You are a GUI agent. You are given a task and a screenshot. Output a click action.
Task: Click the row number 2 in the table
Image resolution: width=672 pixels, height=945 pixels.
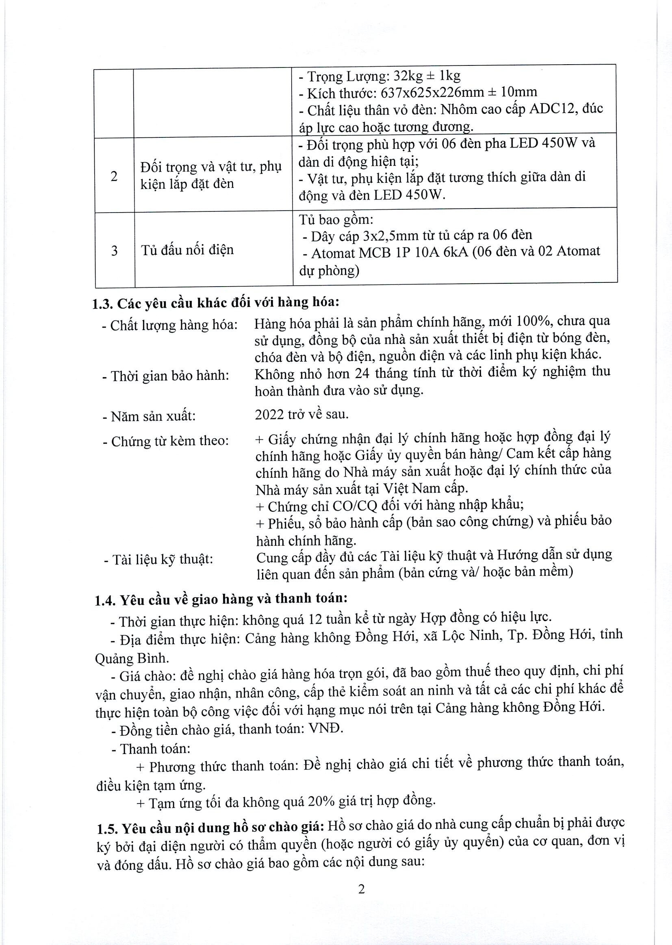[x=114, y=176]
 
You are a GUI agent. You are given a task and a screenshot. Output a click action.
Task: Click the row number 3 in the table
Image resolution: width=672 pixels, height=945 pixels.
[x=114, y=251]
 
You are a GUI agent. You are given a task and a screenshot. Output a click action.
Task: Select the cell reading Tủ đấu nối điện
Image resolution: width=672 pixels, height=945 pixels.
[x=187, y=250]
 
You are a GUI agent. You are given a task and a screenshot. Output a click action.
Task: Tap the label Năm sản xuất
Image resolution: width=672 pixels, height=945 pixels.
[x=153, y=416]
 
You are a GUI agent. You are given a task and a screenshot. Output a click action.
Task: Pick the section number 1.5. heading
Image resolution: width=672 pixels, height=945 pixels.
[x=107, y=828]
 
